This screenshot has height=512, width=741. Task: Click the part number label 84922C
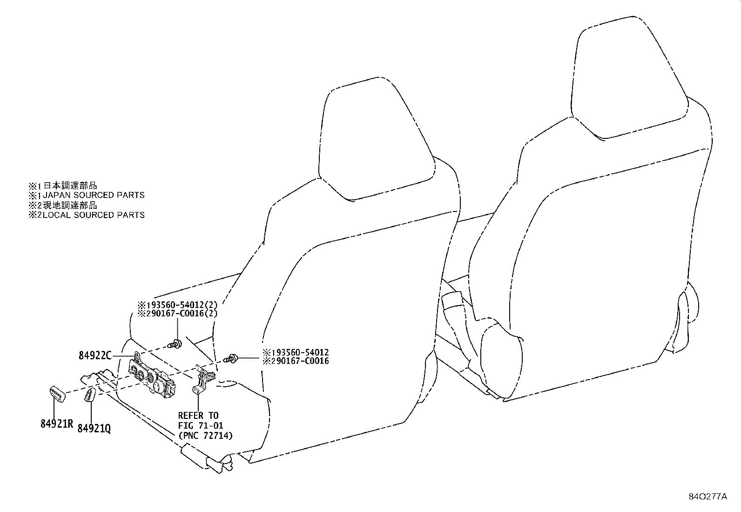tap(95, 355)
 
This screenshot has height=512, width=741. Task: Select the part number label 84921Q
tap(94, 429)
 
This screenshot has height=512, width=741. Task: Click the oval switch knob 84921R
tap(58, 394)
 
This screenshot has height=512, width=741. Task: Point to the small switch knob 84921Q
tap(89, 395)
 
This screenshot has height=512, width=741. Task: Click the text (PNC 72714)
tap(205, 436)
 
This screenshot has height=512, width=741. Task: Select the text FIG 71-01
tap(201, 425)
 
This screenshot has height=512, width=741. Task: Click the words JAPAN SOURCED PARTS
tap(94, 195)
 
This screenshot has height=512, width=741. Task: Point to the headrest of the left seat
tap(377, 139)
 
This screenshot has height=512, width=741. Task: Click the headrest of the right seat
tap(630, 78)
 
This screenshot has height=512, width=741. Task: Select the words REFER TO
tap(198, 415)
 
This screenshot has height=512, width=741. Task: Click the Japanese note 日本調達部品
tap(70, 185)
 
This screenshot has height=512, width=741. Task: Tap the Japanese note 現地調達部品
tap(70, 205)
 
